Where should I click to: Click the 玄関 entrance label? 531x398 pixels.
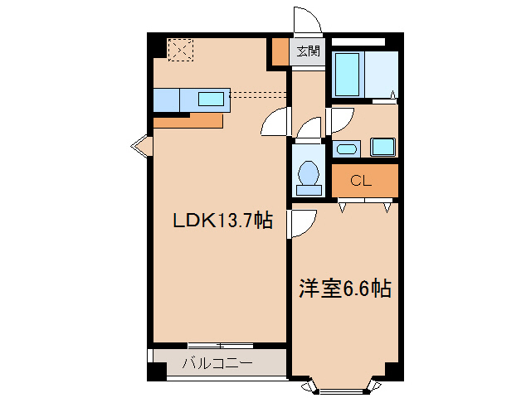tap(309, 51)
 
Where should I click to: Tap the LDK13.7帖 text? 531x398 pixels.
tap(222, 221)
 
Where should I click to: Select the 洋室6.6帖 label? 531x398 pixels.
tap(344, 289)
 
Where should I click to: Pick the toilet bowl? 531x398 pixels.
tap(309, 173)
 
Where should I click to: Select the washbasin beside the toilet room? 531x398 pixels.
tap(346, 149)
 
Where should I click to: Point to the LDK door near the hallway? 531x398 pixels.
tap(275, 124)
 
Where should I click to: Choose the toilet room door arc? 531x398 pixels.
tap(309, 129)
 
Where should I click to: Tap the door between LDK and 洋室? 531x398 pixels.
tap(302, 222)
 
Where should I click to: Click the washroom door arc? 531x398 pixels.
tap(339, 121)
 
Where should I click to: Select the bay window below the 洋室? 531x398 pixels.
tap(343, 385)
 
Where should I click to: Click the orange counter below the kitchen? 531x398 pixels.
tap(188, 120)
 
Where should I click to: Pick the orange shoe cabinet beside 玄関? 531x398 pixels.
tap(280, 51)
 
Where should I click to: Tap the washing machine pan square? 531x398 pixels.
tap(383, 148)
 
